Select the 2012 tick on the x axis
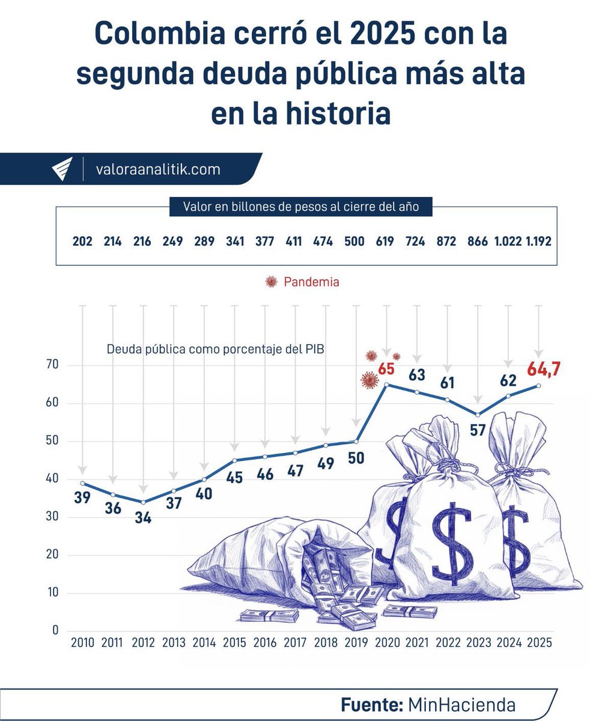click(143, 642)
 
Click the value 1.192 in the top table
click(538, 242)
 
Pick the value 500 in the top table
click(354, 242)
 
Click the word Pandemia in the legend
click(311, 282)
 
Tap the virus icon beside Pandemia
click(272, 282)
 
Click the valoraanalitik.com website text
click(158, 169)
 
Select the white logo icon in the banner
click(62, 169)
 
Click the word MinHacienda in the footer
click(461, 704)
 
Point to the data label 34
click(143, 518)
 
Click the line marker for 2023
click(478, 415)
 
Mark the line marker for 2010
click(82, 483)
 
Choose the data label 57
click(478, 430)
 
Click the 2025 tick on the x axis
click(539, 642)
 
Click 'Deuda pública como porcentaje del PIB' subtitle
click(215, 349)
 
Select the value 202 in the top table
click(82, 242)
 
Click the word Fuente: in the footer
click(371, 704)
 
